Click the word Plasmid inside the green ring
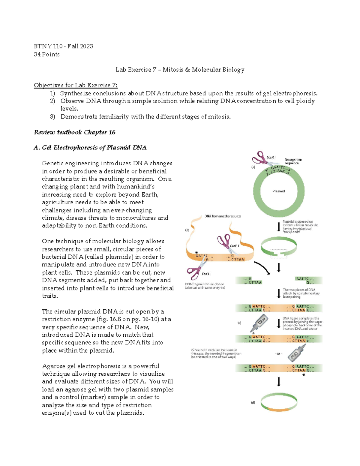279,191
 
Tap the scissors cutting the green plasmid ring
260,158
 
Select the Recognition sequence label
293,161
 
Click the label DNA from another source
223,216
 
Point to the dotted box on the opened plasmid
279,254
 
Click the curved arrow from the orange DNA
263,268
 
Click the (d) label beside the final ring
253,402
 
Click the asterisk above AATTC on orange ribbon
196,253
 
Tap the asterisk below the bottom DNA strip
304,375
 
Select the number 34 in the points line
37,54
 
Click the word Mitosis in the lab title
173,70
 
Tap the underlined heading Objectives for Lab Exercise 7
76,85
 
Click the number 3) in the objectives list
52,116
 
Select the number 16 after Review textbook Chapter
112,132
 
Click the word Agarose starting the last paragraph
54,366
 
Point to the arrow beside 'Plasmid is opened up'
279,227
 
